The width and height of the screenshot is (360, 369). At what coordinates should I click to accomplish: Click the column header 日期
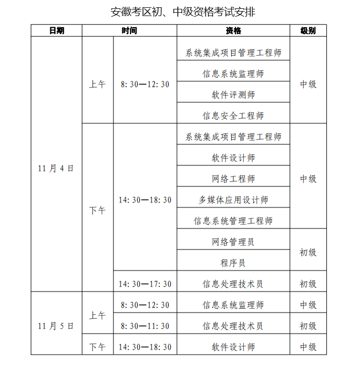coord(56,31)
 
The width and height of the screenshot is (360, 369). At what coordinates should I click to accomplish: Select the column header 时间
coord(129,31)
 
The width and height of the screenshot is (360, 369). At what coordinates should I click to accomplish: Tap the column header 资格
coord(233,31)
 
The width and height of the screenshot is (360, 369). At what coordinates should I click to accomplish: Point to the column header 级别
coord(308,31)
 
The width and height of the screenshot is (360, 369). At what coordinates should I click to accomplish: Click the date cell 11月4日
coord(56,168)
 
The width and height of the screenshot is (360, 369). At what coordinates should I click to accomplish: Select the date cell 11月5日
coord(56,326)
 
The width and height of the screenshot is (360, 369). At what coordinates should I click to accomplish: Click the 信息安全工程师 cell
coord(233,116)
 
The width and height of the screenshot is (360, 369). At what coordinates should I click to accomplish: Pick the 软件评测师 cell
coord(233,95)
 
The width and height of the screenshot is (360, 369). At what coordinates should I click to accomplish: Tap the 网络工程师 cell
coord(233,179)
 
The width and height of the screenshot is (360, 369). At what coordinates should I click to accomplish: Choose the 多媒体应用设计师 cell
coord(233,200)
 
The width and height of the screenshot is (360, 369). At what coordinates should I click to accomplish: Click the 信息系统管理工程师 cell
coord(233,221)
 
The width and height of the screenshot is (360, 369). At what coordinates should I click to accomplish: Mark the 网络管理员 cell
coord(233,242)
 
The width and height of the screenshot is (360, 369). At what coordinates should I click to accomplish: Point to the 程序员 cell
coord(233,263)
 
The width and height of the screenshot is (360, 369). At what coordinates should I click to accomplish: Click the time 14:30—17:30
coord(145,284)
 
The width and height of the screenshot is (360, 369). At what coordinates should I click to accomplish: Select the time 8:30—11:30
coord(145,326)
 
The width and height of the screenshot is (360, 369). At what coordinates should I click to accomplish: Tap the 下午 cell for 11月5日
coord(97,347)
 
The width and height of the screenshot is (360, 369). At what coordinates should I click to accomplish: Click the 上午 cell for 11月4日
coord(97,84)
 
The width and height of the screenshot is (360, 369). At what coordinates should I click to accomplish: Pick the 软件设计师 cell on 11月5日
coord(233,347)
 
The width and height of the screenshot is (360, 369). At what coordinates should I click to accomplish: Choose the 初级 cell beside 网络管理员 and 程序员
coord(308,252)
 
